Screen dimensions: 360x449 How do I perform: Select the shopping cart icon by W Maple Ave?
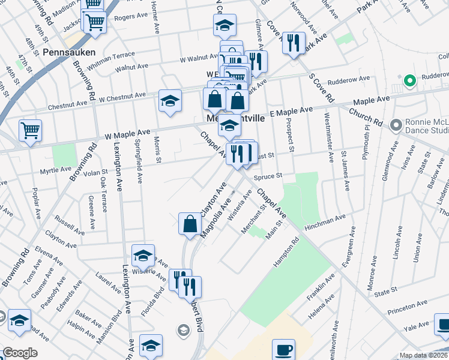click(x=30, y=130)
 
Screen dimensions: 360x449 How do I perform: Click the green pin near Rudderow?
click(x=410, y=80)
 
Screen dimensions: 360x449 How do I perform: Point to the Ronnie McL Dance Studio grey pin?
click(x=396, y=125)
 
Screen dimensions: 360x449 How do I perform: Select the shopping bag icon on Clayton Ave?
click(x=190, y=224)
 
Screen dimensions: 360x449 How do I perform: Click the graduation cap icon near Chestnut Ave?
click(x=170, y=101)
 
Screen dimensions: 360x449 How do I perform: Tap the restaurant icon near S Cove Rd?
click(x=294, y=43)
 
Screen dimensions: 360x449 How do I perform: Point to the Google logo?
click(x=20, y=353)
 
